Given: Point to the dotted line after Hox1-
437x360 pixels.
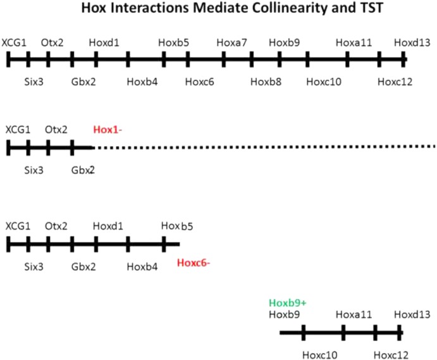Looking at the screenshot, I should pos(266,147).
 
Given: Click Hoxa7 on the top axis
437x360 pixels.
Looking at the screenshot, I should pos(231,42).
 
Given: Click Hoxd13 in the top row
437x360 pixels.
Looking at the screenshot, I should pos(412,42).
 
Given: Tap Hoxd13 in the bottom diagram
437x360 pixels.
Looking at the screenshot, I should pos(412,314).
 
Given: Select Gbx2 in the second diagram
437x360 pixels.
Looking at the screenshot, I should pos(83,169).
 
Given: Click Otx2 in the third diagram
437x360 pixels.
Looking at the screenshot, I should pos(57,226).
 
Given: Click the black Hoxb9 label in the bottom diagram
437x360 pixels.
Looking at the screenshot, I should pos(284,314).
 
